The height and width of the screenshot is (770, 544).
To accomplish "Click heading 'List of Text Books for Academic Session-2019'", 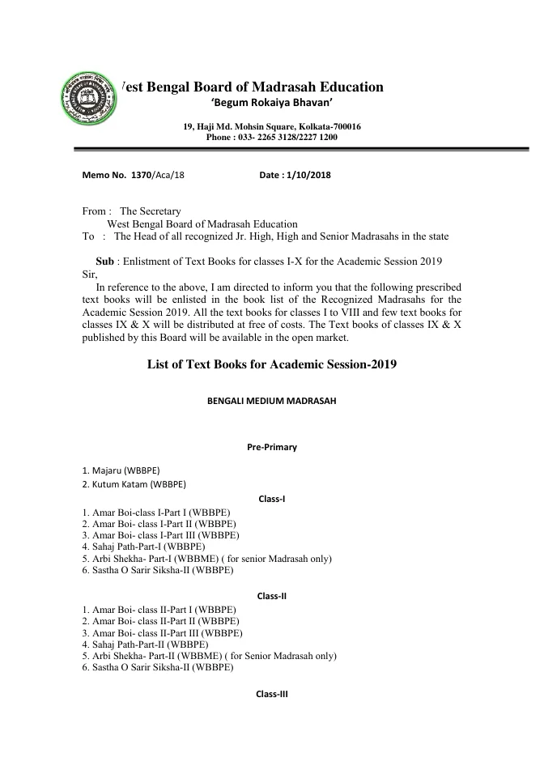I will point(272,365).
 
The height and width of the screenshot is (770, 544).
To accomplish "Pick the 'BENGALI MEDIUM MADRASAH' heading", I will point(272,402).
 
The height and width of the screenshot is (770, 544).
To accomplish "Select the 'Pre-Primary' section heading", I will point(272,447).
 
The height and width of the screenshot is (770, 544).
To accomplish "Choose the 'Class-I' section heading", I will point(272,499).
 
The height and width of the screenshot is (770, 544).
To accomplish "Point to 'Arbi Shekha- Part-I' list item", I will point(138,559).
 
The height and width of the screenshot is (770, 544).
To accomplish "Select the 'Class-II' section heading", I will point(272,596).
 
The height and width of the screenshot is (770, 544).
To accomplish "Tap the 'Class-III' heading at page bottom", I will point(272,695).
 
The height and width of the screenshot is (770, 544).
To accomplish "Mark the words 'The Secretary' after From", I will point(151,211).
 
